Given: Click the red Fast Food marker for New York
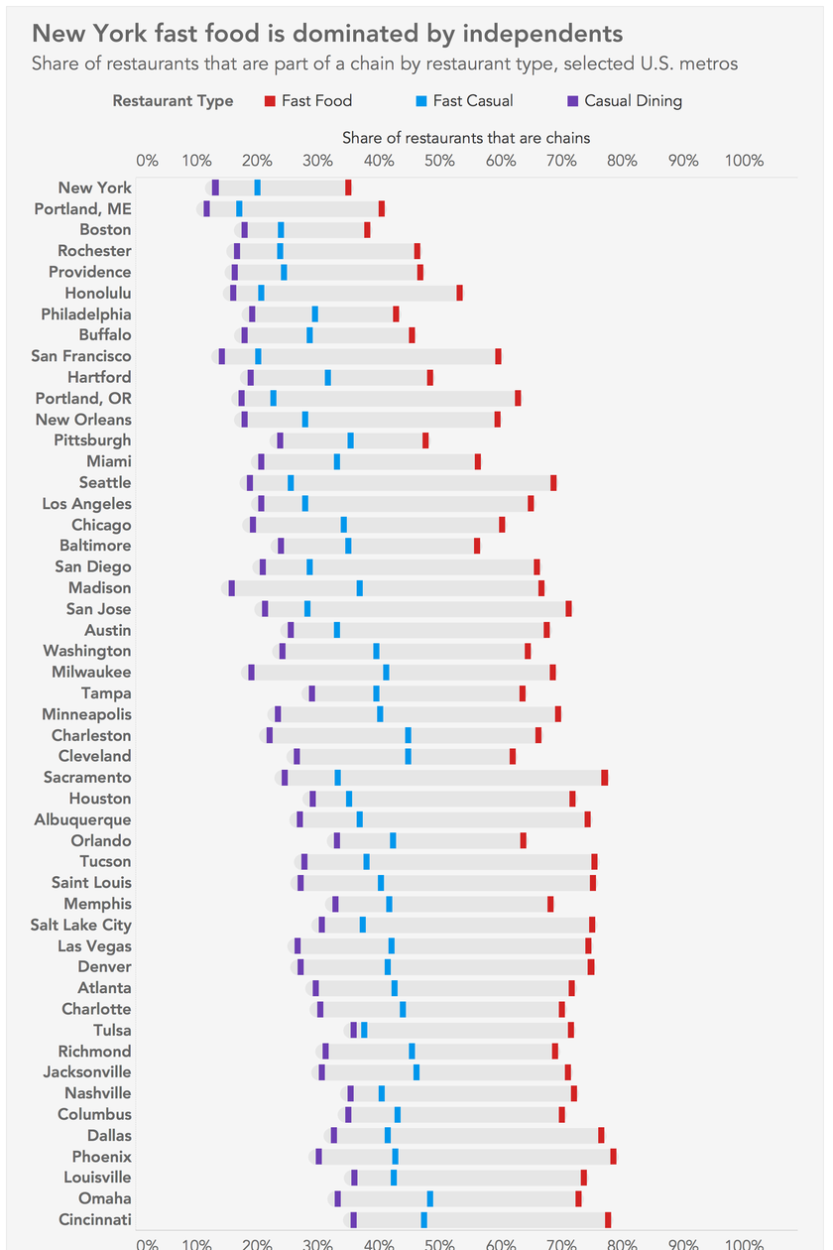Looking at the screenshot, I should pyautogui.click(x=348, y=187).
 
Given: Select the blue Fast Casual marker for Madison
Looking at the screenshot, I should pyautogui.click(x=360, y=588).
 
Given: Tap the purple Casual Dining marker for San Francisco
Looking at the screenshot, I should pyautogui.click(x=222, y=356).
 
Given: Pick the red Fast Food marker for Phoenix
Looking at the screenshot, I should pyautogui.click(x=613, y=1157).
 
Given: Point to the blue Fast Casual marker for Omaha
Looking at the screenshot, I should pyautogui.click(x=429, y=1198).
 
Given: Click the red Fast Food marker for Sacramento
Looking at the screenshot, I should pyautogui.click(x=605, y=778).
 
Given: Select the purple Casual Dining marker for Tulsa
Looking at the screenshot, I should pyautogui.click(x=353, y=1030).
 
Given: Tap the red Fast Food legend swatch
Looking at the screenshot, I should pyautogui.click(x=271, y=100).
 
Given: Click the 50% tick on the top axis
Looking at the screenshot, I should pyautogui.click(x=439, y=161).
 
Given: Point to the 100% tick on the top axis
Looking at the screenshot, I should pyautogui.click(x=745, y=161).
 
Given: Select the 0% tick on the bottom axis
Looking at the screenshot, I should pyautogui.click(x=147, y=1241).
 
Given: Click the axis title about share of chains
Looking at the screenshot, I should pyautogui.click(x=466, y=138).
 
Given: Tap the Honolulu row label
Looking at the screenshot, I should pyautogui.click(x=97, y=293).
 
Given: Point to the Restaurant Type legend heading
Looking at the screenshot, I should pyautogui.click(x=174, y=100).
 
